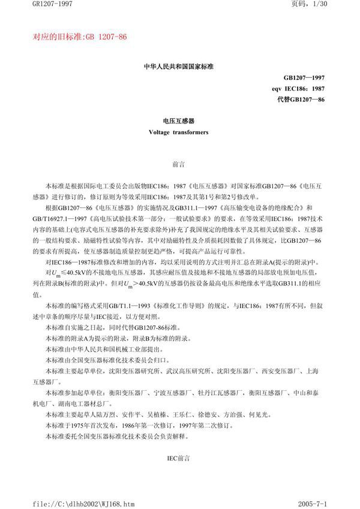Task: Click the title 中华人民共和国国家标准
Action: pos(180,67)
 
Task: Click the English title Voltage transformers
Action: pos(179,132)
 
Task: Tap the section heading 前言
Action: pos(179,162)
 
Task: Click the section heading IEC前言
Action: pos(179,457)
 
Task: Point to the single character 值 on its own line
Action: pos(34,294)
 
